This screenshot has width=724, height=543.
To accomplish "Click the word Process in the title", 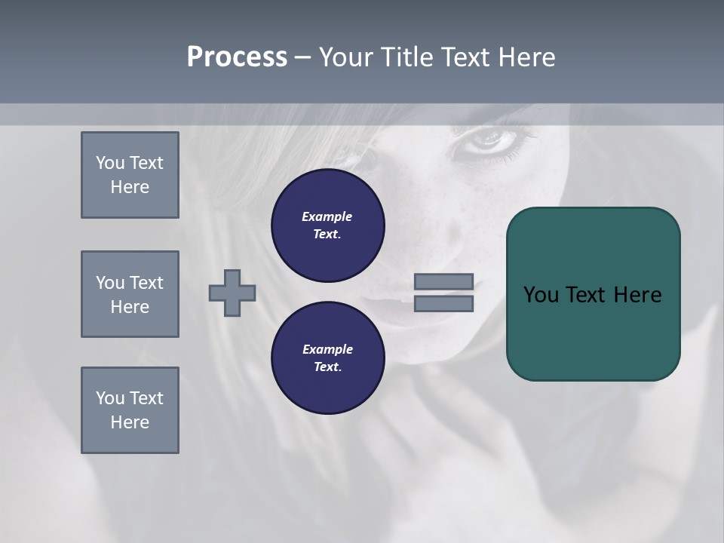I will [x=237, y=57].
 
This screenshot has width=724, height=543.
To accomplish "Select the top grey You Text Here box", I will [x=130, y=175].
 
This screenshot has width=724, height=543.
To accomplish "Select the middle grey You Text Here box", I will [x=130, y=294].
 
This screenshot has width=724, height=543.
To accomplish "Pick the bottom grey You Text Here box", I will [x=130, y=410].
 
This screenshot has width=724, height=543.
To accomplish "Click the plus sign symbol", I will [x=232, y=293].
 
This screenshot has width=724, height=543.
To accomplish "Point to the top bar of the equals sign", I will [x=443, y=281].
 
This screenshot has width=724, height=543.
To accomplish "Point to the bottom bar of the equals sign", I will [x=443, y=303].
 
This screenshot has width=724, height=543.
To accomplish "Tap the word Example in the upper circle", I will [x=327, y=216].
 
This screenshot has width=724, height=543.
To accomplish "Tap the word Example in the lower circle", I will [x=327, y=349].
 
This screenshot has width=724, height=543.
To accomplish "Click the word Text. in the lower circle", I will [x=327, y=367].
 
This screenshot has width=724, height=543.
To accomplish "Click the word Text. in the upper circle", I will [x=327, y=234].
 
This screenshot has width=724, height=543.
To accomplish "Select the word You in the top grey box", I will [x=109, y=163].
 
